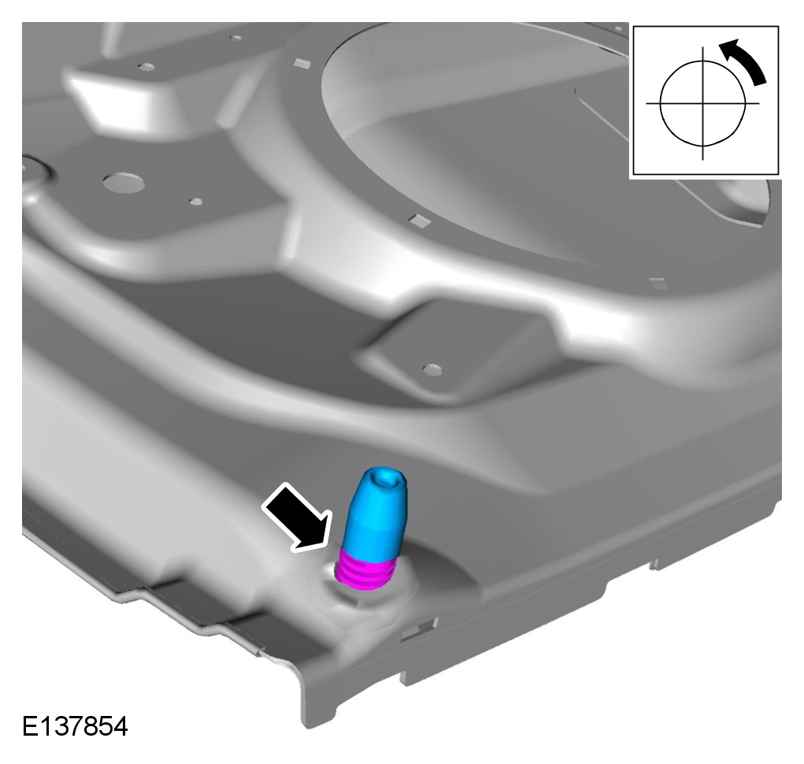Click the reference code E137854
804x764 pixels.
tap(75, 726)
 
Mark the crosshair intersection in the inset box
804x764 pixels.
tap(702, 104)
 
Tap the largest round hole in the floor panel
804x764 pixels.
tap(123, 182)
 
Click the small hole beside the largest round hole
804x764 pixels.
tap(196, 202)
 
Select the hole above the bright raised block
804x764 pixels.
tap(146, 67)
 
